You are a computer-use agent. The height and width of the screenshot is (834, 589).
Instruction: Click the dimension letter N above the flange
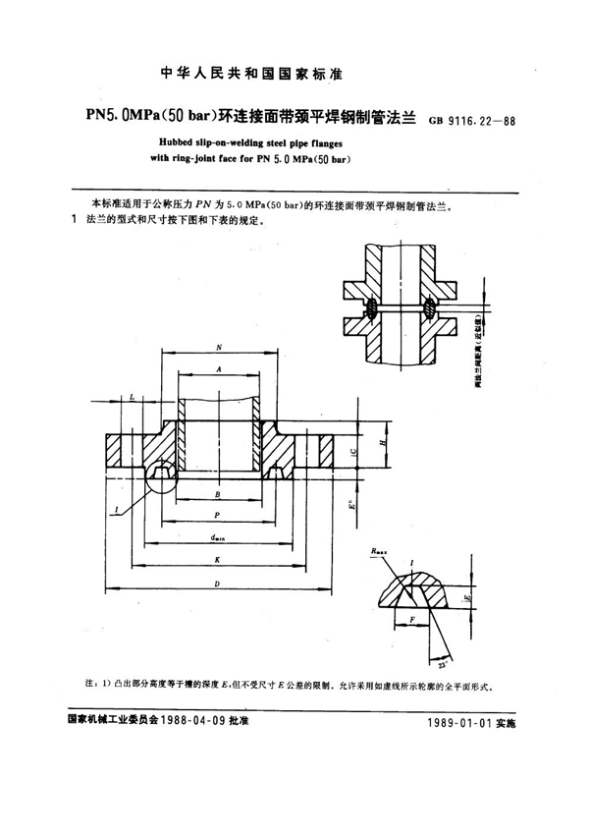217,347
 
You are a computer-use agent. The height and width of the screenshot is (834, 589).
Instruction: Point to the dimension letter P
217,514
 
